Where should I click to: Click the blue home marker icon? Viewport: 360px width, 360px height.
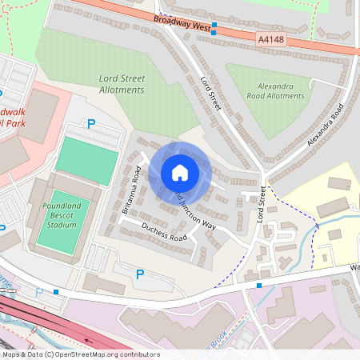(x=180, y=173)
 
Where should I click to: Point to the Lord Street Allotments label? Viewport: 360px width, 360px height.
(x=122, y=84)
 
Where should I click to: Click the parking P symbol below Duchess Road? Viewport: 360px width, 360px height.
(x=140, y=274)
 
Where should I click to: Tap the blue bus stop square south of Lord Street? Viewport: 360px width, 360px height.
(x=258, y=285)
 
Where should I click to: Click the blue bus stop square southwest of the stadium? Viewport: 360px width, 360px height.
(x=56, y=292)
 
